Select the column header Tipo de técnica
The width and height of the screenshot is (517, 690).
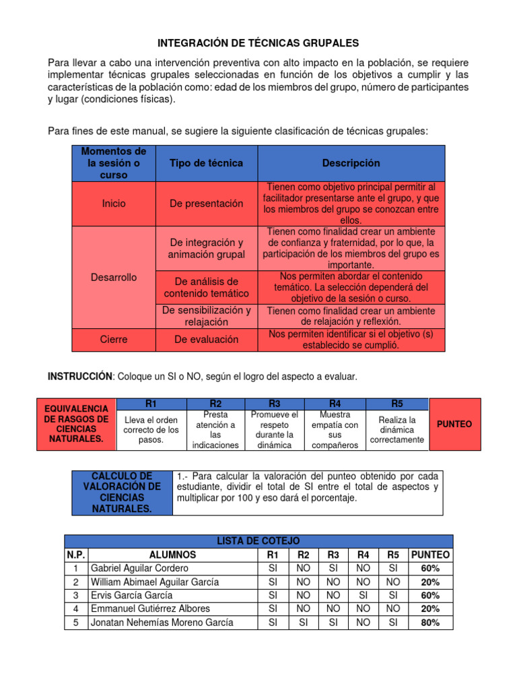click(206, 163)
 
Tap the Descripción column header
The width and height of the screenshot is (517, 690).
click(351, 163)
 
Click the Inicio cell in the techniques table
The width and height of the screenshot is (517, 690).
click(113, 203)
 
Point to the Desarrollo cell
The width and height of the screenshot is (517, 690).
click(113, 278)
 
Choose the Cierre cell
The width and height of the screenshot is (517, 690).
click(113, 340)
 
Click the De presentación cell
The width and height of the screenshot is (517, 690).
click(206, 203)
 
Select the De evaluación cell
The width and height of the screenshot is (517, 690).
click(206, 340)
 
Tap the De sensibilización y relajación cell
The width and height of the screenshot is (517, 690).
click(206, 316)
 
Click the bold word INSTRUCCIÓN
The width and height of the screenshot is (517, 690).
click(79, 377)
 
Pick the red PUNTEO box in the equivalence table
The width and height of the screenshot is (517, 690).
click(454, 425)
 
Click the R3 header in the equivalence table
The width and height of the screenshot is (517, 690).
click(274, 404)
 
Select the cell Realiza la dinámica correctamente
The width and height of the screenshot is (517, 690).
click(397, 430)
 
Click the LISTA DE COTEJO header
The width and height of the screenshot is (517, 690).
click(258, 541)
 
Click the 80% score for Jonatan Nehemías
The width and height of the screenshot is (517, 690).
click(430, 623)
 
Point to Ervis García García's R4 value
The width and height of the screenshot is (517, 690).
click(364, 595)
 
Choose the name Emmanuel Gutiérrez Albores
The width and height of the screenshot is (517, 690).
click(149, 608)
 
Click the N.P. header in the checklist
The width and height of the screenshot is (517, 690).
click(75, 555)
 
